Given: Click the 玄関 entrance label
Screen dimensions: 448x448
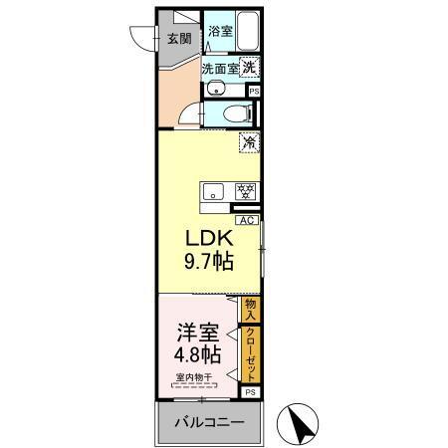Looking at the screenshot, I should (x=179, y=40).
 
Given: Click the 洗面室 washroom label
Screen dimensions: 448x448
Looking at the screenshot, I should (x=219, y=69).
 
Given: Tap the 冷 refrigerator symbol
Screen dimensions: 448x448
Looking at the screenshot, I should (x=248, y=143).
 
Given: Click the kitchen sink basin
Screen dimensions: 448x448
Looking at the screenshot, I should (x=211, y=190).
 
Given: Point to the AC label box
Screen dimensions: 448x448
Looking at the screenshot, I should (x=246, y=221).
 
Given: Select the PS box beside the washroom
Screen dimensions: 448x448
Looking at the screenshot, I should (x=254, y=91).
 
